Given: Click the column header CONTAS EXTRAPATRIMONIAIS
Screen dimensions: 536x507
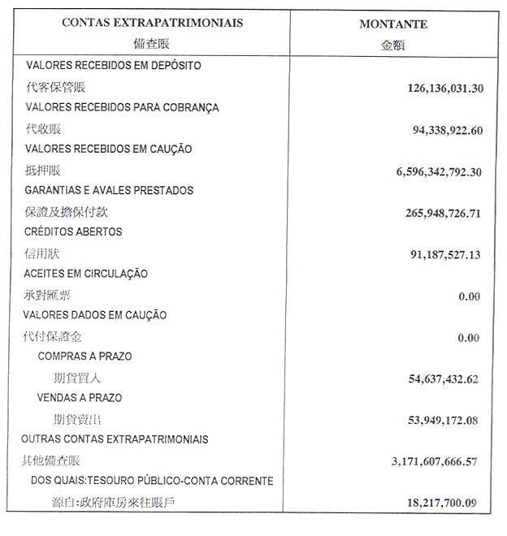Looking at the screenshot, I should [x=152, y=23].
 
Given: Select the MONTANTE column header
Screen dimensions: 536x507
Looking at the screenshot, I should [x=393, y=24].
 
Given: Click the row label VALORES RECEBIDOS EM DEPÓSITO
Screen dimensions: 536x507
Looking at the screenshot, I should [x=113, y=65].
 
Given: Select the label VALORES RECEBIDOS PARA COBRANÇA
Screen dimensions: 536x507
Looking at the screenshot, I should [x=122, y=107].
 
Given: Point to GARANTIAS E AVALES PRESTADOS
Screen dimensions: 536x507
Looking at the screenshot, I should [x=109, y=190].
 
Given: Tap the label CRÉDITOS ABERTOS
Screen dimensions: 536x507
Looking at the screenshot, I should [x=74, y=231].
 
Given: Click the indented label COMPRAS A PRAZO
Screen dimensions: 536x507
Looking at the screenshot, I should [x=84, y=356].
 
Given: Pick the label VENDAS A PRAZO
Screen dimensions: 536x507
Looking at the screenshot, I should [x=80, y=398].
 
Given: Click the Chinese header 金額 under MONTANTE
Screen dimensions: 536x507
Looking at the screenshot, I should [x=393, y=45].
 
